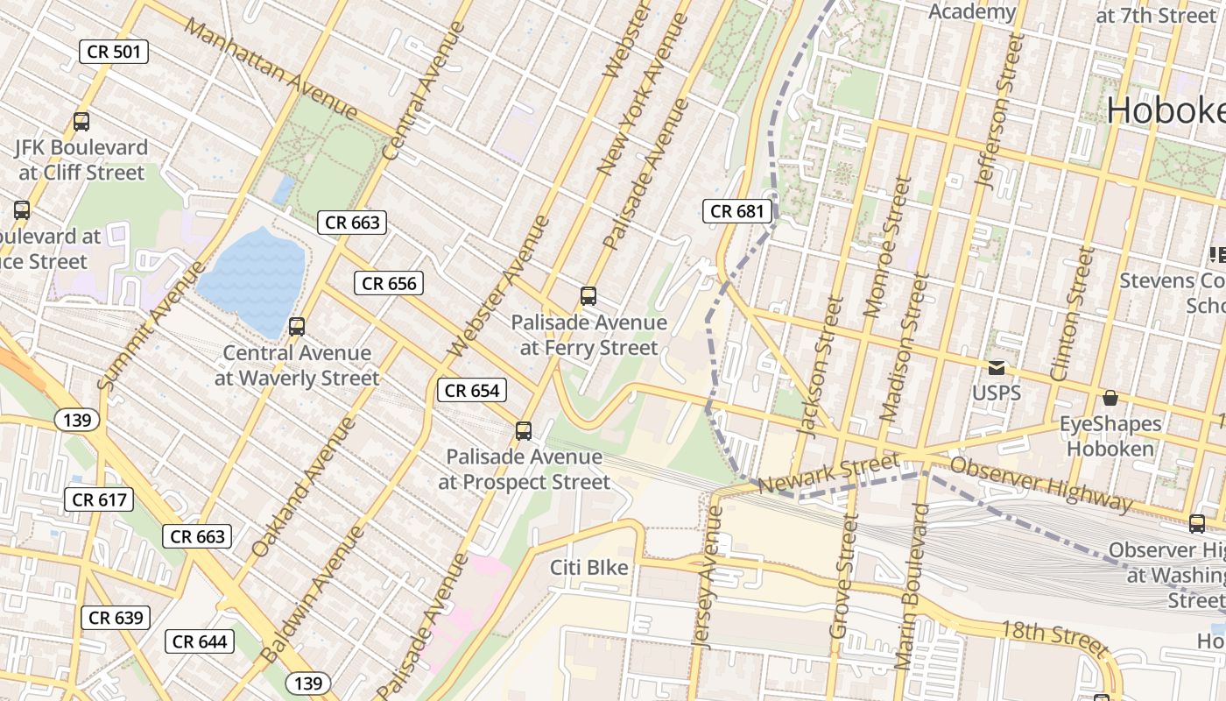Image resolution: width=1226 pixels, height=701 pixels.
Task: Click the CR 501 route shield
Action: click(114, 52)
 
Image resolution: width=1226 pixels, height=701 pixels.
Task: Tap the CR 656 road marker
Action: click(389, 283)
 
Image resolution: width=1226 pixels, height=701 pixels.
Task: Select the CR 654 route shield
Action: click(472, 391)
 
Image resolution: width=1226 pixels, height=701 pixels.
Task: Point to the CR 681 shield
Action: click(737, 211)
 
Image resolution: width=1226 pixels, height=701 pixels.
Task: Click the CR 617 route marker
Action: click(99, 500)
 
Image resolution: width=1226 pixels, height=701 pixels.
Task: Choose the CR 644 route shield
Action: click(200, 641)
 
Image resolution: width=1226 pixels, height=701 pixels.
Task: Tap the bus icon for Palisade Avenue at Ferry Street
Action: click(588, 296)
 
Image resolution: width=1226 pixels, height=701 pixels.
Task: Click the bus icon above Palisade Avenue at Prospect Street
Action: click(524, 430)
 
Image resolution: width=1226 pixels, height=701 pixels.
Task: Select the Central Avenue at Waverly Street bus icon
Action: click(297, 327)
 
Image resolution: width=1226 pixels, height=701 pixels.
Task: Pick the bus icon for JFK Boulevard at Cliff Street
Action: click(81, 122)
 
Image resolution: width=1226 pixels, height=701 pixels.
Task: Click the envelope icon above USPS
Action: click(997, 367)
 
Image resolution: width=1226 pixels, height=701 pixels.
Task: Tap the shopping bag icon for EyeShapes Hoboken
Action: click(1110, 398)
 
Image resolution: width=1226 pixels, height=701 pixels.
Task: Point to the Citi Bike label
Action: click(589, 568)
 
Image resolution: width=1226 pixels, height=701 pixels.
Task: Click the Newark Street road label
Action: click(828, 473)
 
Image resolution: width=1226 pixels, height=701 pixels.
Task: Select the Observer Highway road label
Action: click(1041, 483)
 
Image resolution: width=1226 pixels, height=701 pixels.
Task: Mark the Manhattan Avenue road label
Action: click(271, 69)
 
